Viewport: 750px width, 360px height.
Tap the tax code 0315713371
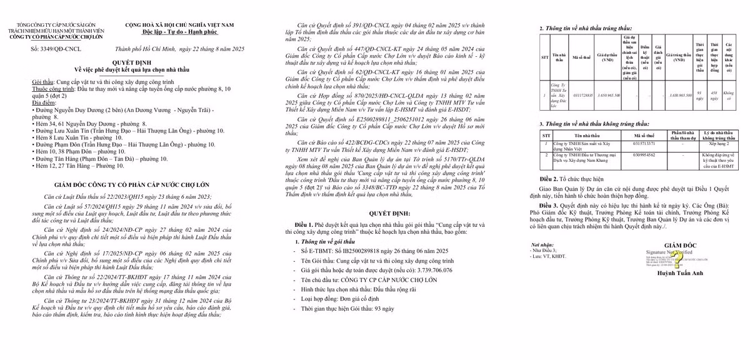pyautogui.click(x=644, y=143)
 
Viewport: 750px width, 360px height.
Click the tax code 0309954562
pyautogui.click(x=644, y=154)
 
